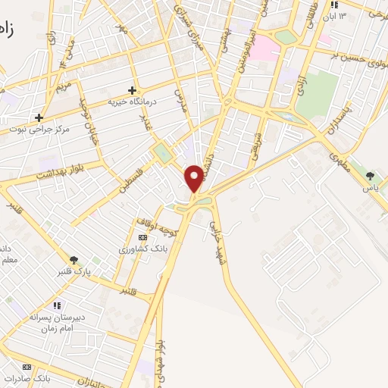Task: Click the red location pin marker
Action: [195, 177]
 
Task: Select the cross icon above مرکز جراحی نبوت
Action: [39, 117]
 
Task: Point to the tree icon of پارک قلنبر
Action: [74, 259]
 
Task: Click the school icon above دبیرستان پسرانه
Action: [58, 305]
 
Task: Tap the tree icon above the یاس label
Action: [370, 176]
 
